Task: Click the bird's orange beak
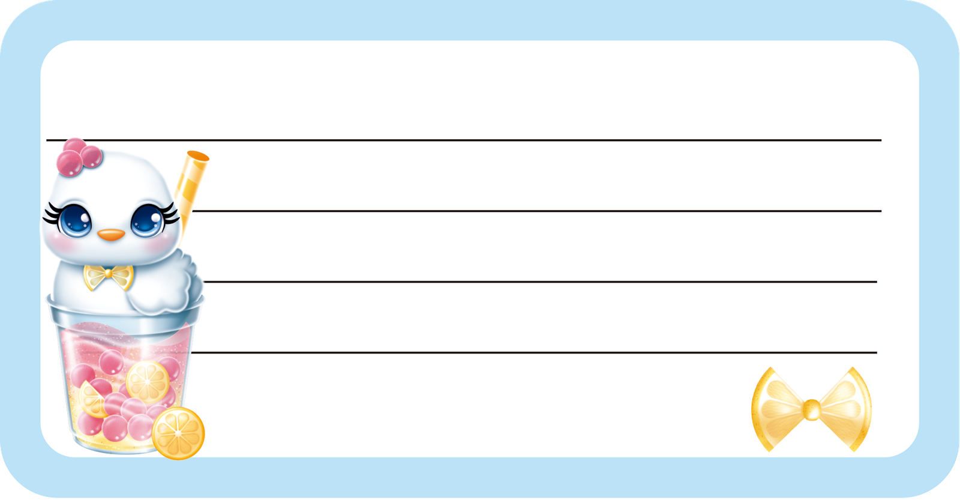tap(112, 234)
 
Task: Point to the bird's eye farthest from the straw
tap(75, 220)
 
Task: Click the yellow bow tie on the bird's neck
tap(108, 277)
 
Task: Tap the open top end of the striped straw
tap(197, 157)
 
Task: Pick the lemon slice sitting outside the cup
tap(178, 433)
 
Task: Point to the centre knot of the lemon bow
tap(811, 409)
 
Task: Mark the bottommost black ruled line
tap(534, 352)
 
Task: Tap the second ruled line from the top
tap(534, 211)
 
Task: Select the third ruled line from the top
tap(540, 282)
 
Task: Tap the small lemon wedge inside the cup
tap(92, 400)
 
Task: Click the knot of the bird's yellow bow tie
tap(108, 275)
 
